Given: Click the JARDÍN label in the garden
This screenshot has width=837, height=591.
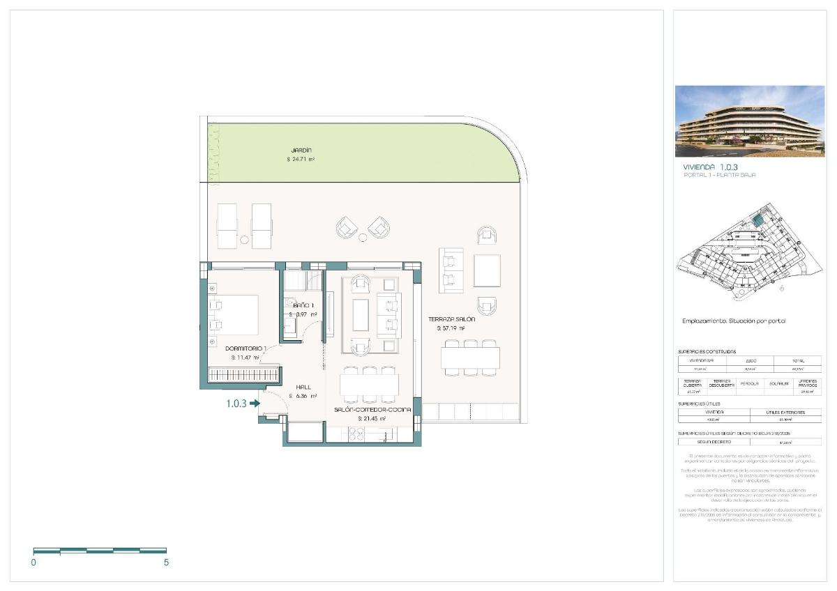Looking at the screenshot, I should coord(301,150).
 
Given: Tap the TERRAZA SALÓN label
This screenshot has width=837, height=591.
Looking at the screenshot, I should coord(451,319).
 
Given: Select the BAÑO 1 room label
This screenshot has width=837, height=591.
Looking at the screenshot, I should coord(303,306).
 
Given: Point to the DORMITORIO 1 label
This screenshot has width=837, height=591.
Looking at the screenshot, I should coord(246,348).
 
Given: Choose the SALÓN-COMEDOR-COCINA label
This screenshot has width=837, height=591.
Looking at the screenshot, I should coord(372,410).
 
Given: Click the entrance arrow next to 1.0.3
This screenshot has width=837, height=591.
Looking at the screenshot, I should coord(255,403).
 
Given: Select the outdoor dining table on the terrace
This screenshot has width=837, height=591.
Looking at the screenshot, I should coord(470,358).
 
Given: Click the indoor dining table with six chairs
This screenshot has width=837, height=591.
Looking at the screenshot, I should coord(369,385).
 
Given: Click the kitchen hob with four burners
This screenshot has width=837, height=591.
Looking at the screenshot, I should coord(352,433).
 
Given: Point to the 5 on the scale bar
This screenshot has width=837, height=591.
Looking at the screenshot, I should coord(166,562).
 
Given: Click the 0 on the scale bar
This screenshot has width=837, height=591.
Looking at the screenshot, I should coord(33,562).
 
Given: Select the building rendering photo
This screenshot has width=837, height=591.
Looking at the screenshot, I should coord(750,121).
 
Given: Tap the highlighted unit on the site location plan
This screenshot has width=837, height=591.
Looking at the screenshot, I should coord(757,221).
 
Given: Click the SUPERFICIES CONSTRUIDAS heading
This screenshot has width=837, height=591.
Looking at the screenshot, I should coord(707,352).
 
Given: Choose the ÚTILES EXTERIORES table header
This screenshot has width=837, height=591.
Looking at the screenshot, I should coord(785,413).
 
